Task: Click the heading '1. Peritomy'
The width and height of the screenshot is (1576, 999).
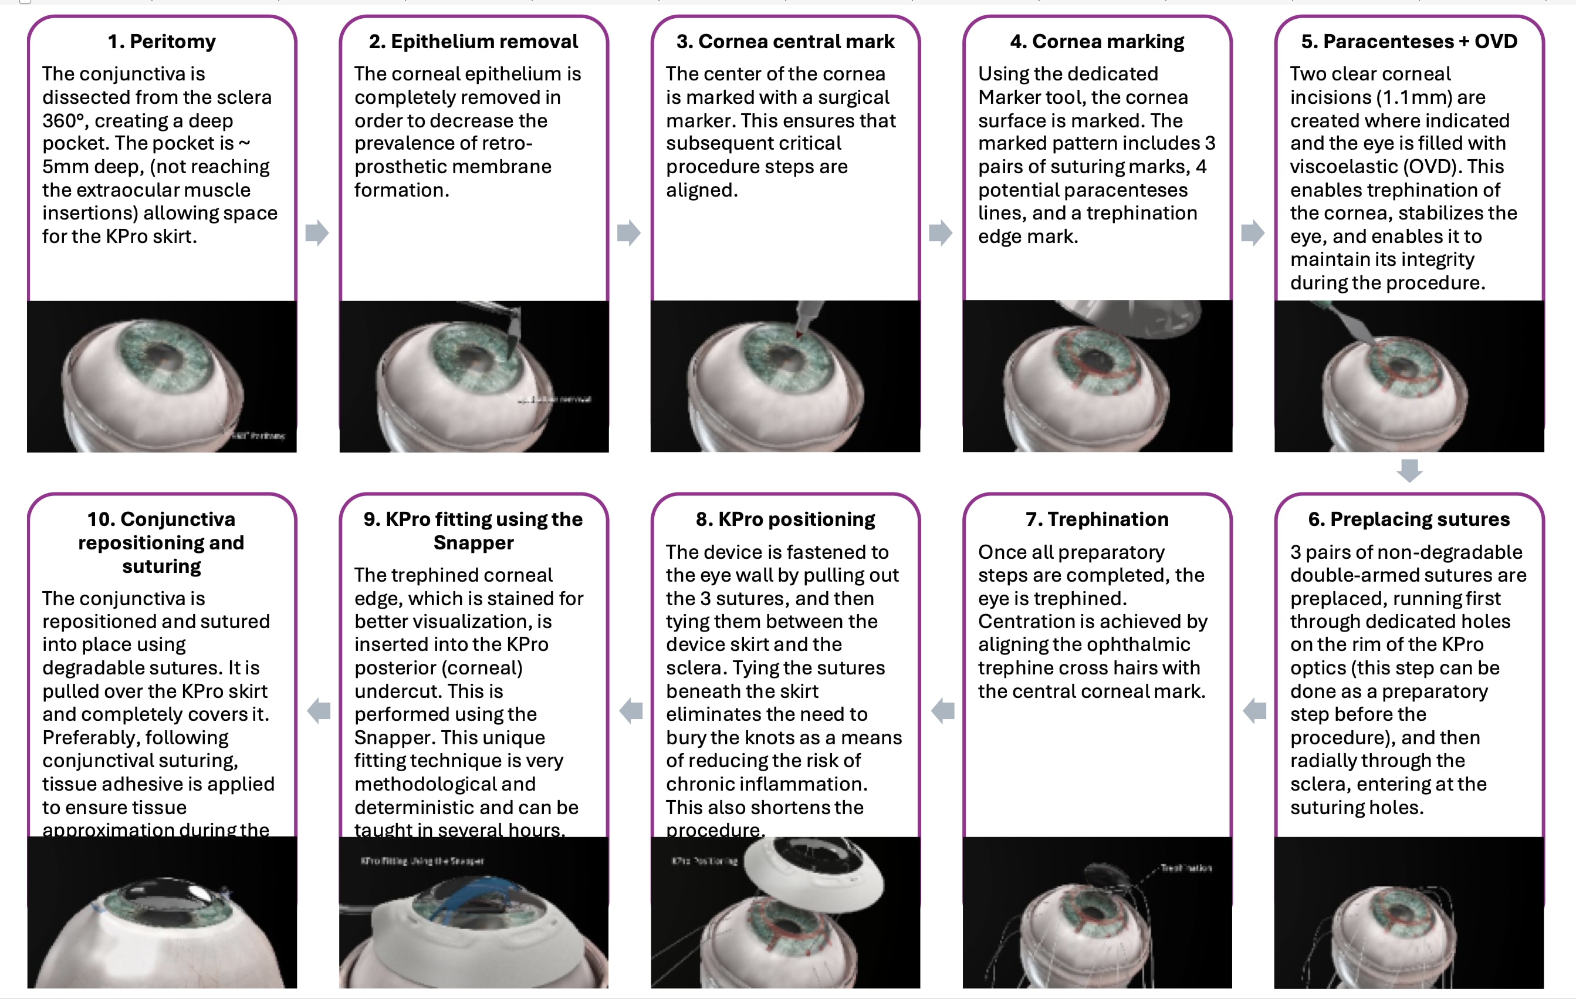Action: coord(162,41)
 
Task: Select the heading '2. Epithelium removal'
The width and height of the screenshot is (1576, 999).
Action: coord(473,41)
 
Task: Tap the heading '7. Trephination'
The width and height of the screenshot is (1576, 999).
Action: coord(1097,519)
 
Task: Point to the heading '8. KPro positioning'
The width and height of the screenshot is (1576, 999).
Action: coord(784,519)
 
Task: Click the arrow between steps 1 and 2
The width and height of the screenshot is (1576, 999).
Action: coord(317,232)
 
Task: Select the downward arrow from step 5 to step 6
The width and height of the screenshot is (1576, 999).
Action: coord(1409,470)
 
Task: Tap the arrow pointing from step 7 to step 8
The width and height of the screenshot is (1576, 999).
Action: coord(942,710)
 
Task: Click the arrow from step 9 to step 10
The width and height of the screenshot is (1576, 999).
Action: coord(319,710)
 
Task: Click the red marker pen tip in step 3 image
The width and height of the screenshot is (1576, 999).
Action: coord(799,334)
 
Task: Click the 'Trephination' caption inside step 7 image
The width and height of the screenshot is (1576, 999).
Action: coord(1186,868)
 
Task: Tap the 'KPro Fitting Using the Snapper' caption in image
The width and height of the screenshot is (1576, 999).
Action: coord(422,861)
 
